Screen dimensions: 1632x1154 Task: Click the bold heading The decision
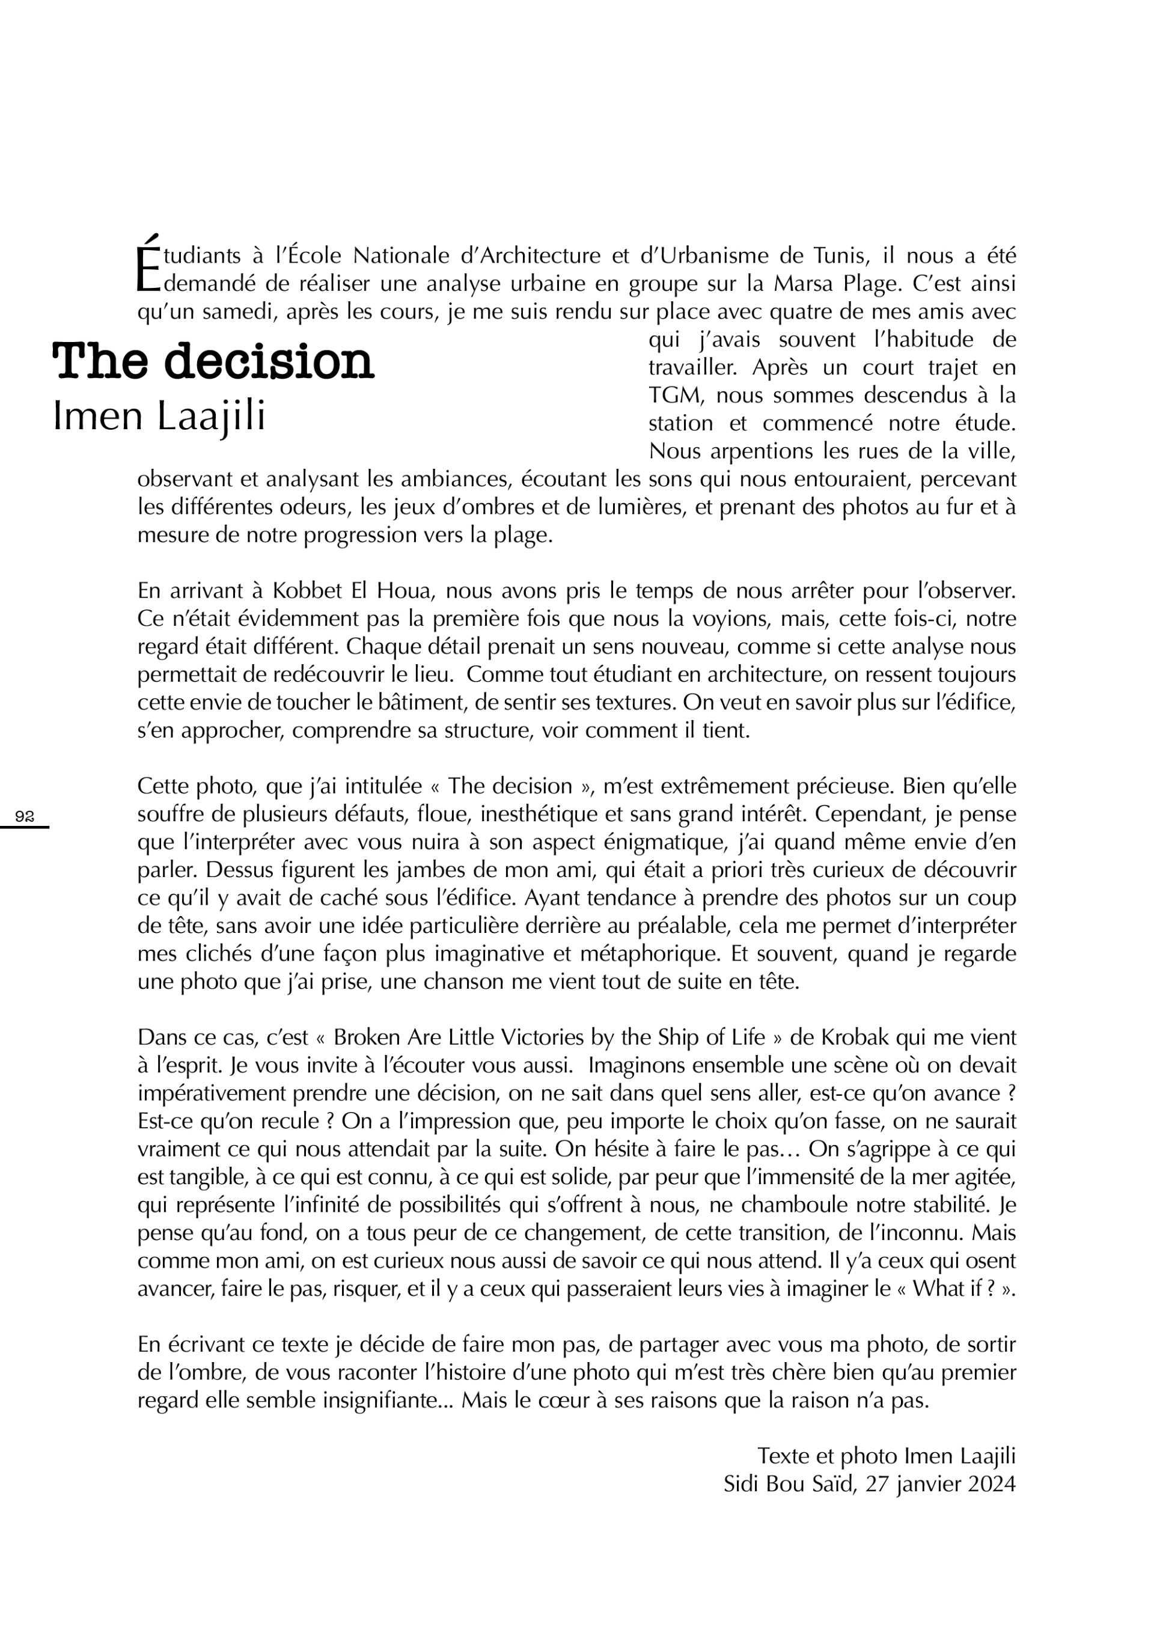[213, 361]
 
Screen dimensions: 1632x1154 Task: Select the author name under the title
[159, 417]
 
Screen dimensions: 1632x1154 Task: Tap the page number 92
[25, 817]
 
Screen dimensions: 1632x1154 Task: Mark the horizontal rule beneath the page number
[25, 827]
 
